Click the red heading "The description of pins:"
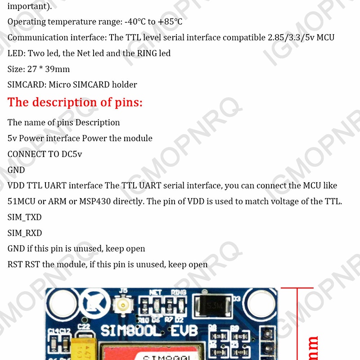coord(75,103)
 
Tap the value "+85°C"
coord(170,22)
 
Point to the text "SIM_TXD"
coord(25,217)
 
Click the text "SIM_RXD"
coord(25,233)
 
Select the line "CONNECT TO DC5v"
coord(45,154)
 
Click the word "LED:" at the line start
coord(17,54)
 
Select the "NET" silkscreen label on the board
coord(155,293)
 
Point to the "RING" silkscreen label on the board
coord(179,293)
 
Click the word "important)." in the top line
coord(30,6)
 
